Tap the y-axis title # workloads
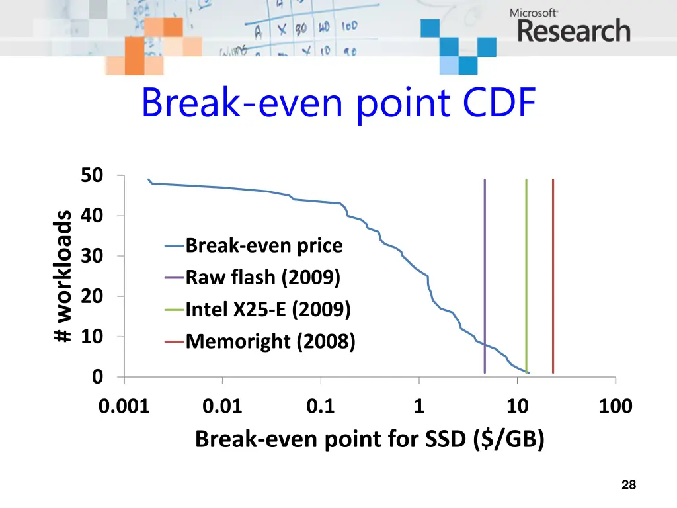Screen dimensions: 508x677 pos(63,276)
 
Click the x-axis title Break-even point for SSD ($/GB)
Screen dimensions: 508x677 pos(370,439)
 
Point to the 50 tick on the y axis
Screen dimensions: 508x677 pos(92,176)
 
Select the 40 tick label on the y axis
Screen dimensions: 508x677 pos(92,216)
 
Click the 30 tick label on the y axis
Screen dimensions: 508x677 pos(92,256)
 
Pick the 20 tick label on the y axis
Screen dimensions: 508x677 pos(92,296)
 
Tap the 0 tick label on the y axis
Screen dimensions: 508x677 pos(97,377)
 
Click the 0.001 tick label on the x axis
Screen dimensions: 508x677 pos(124,406)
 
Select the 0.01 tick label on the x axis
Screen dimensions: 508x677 pos(223,406)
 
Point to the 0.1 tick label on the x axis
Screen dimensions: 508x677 pos(321,406)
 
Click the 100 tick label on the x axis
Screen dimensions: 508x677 pos(616,406)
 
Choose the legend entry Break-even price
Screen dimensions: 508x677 pos(264,246)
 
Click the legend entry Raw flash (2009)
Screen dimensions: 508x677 pos(262,277)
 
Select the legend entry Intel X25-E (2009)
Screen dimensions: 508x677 pos(268,309)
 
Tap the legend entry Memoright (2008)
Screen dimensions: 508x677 pos(270,341)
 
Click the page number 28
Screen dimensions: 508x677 pos(629,486)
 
